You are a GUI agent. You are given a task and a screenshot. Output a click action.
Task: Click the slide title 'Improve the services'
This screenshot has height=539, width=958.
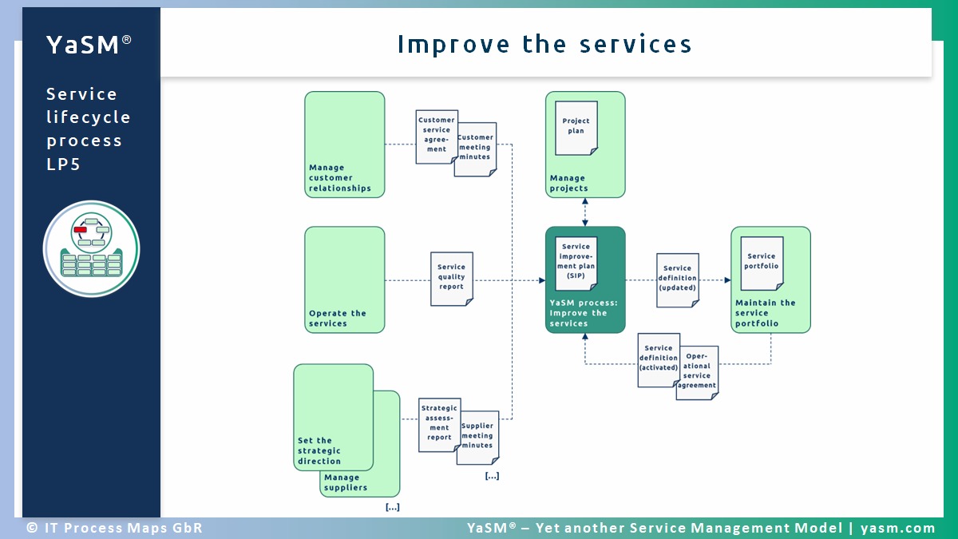tap(544, 44)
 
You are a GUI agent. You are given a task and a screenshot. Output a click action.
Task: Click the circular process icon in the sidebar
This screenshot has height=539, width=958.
tap(91, 248)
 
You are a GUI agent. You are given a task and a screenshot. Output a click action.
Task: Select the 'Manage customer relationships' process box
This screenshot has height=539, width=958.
tap(344, 145)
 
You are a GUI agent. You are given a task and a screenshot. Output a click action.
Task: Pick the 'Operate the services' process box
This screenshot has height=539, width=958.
tap(344, 279)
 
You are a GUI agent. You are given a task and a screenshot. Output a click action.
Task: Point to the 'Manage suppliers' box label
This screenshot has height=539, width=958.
tap(346, 483)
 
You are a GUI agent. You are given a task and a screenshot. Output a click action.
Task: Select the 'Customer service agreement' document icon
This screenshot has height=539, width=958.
tap(436, 137)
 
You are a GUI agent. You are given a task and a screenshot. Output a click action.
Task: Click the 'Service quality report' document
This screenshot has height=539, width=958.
tap(451, 279)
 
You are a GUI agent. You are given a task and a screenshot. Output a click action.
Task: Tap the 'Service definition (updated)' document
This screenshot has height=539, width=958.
tap(677, 280)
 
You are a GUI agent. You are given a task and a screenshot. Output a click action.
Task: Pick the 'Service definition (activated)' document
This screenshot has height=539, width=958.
tap(658, 360)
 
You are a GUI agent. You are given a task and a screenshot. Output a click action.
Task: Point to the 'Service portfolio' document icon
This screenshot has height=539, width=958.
tap(762, 263)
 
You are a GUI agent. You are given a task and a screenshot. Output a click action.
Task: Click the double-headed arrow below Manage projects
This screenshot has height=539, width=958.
tap(585, 212)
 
